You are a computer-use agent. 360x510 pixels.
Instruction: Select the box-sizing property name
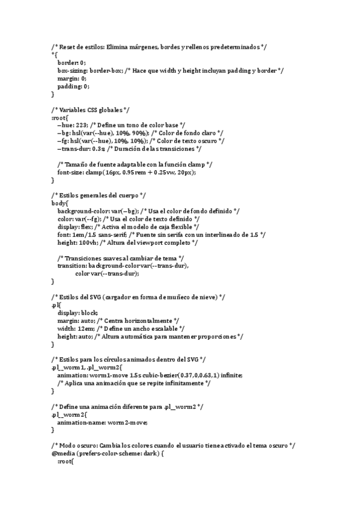click(x=73, y=70)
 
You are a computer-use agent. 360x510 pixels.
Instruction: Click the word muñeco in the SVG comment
click(x=181, y=297)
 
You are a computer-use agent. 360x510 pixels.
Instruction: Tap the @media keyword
click(x=63, y=453)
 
